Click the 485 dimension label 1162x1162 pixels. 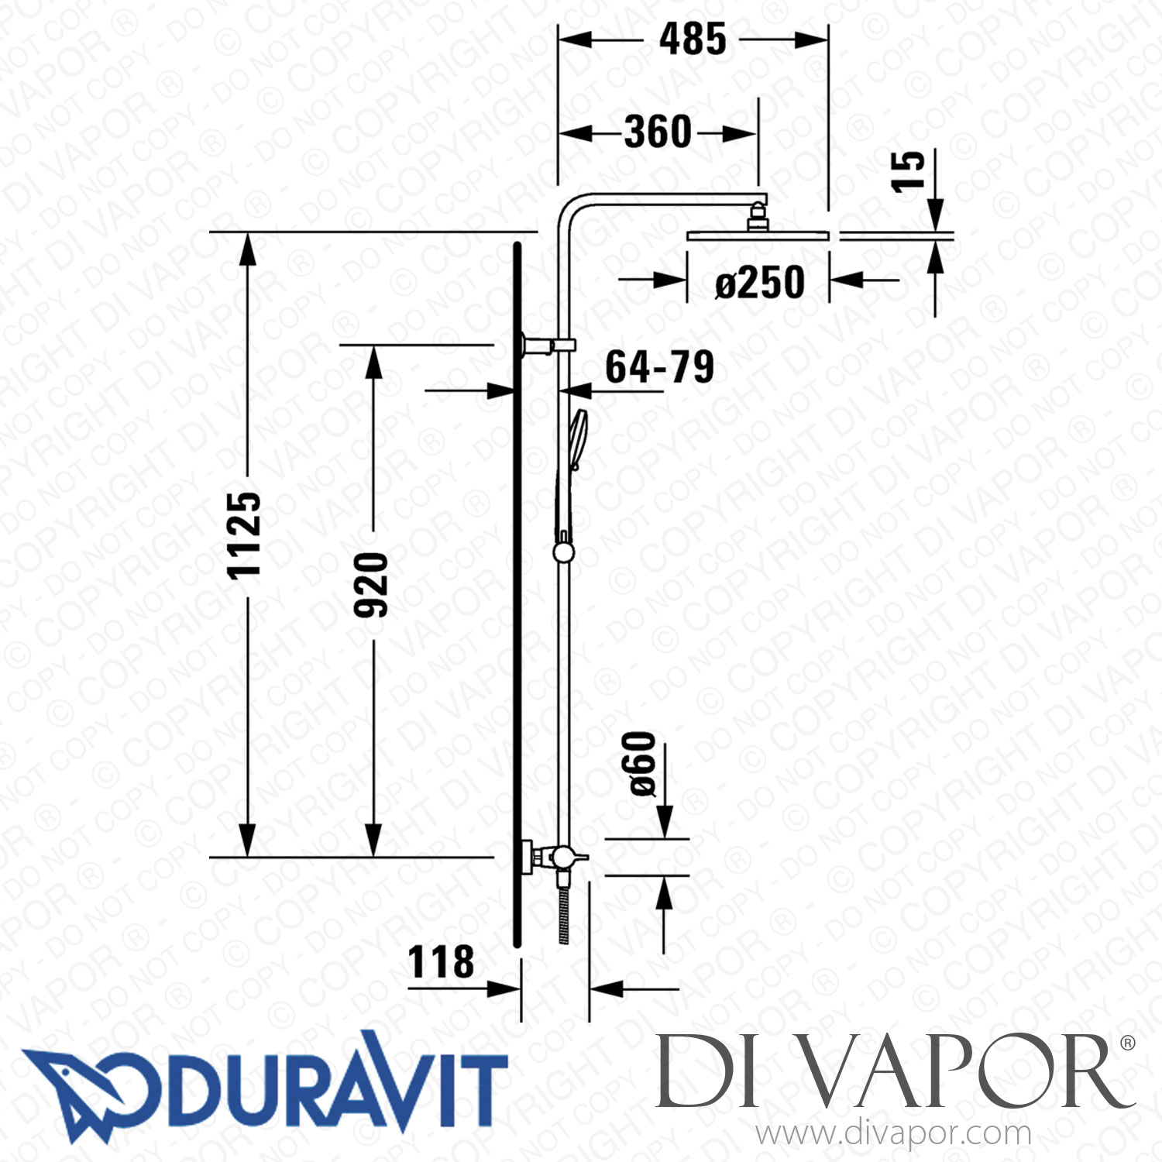[693, 40]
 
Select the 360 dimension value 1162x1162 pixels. [658, 132]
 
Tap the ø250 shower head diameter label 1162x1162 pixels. [759, 283]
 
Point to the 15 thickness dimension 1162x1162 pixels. [907, 171]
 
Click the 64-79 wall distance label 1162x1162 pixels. [659, 367]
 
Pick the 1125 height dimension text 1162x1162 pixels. [243, 535]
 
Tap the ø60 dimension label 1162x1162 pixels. [642, 764]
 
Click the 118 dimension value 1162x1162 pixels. [441, 962]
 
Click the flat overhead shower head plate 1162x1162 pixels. [758, 235]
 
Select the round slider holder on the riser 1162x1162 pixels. [563, 551]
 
